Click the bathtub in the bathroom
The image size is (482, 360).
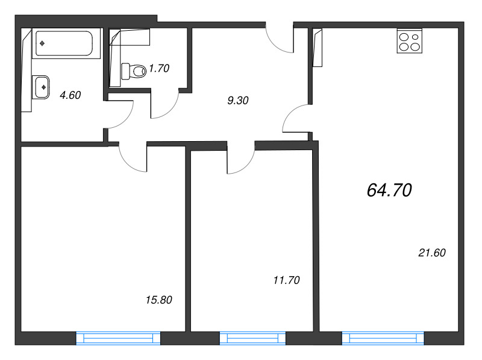(66, 43)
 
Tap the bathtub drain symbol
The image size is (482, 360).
(42, 43)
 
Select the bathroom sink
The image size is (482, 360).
(40, 87)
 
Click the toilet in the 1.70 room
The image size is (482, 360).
(134, 71)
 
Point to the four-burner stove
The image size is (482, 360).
(410, 41)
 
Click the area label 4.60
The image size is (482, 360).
(70, 95)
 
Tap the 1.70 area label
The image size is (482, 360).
(159, 68)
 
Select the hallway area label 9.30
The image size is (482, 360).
(238, 100)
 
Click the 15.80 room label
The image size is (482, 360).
(159, 300)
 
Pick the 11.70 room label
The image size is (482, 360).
(287, 280)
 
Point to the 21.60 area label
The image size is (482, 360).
(432, 253)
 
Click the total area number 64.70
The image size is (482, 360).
(389, 190)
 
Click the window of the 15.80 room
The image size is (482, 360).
(118, 338)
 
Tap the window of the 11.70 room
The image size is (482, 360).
(252, 338)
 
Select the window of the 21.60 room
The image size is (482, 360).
(383, 338)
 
